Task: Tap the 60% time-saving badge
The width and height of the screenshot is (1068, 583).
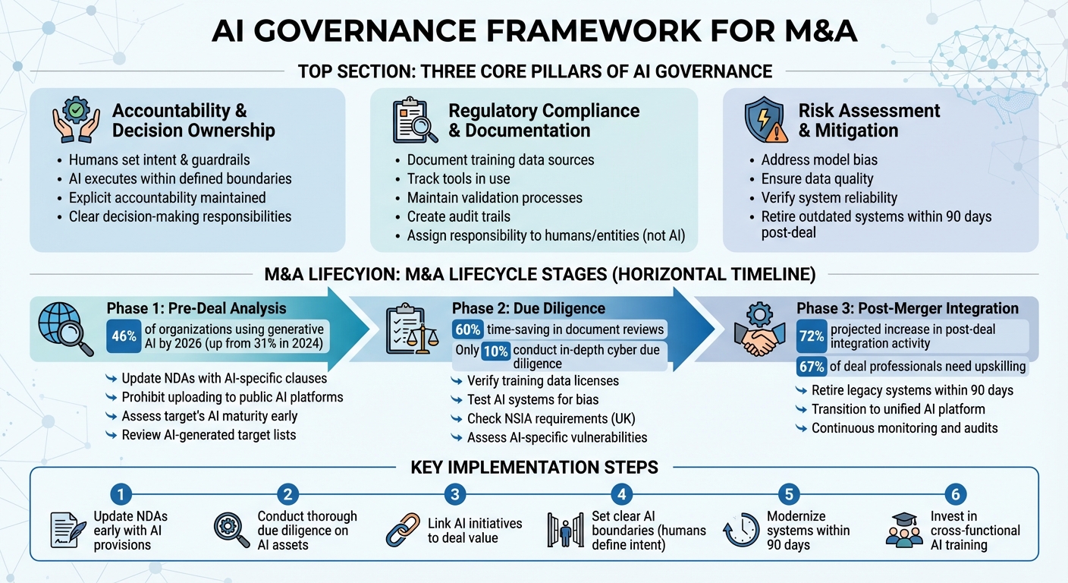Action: coord(468,329)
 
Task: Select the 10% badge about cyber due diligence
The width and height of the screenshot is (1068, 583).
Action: coord(497,350)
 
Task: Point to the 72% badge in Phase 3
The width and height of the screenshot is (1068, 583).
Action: coord(812,336)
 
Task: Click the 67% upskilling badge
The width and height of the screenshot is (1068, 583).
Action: coord(812,367)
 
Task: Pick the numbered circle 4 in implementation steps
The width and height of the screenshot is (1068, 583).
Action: coord(621,495)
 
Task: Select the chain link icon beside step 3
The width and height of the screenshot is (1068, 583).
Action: coord(402,530)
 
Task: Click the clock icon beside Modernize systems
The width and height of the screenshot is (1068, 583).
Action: coord(741,530)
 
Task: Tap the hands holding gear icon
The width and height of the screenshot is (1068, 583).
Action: coord(76,120)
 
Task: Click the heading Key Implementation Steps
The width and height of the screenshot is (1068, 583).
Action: coord(534,468)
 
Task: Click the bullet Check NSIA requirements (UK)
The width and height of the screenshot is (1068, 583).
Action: coord(551,418)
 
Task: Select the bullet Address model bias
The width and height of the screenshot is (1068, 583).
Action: coord(809,160)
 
